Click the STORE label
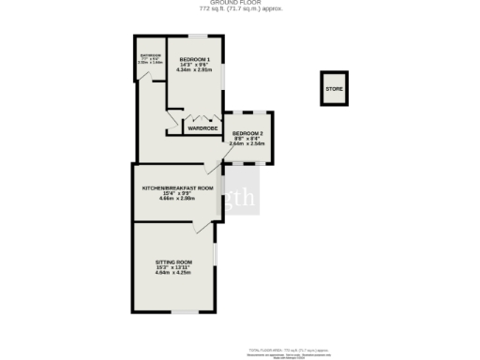click(x=334, y=90)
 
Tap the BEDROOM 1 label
click(x=194, y=60)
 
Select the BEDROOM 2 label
click(x=248, y=133)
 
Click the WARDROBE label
click(x=203, y=128)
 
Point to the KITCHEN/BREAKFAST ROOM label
click(x=177, y=187)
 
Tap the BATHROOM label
click(x=151, y=55)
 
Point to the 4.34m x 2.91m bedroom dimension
click(x=194, y=71)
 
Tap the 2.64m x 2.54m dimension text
click(x=248, y=144)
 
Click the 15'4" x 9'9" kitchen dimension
click(x=177, y=193)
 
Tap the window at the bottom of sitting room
click(x=182, y=311)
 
